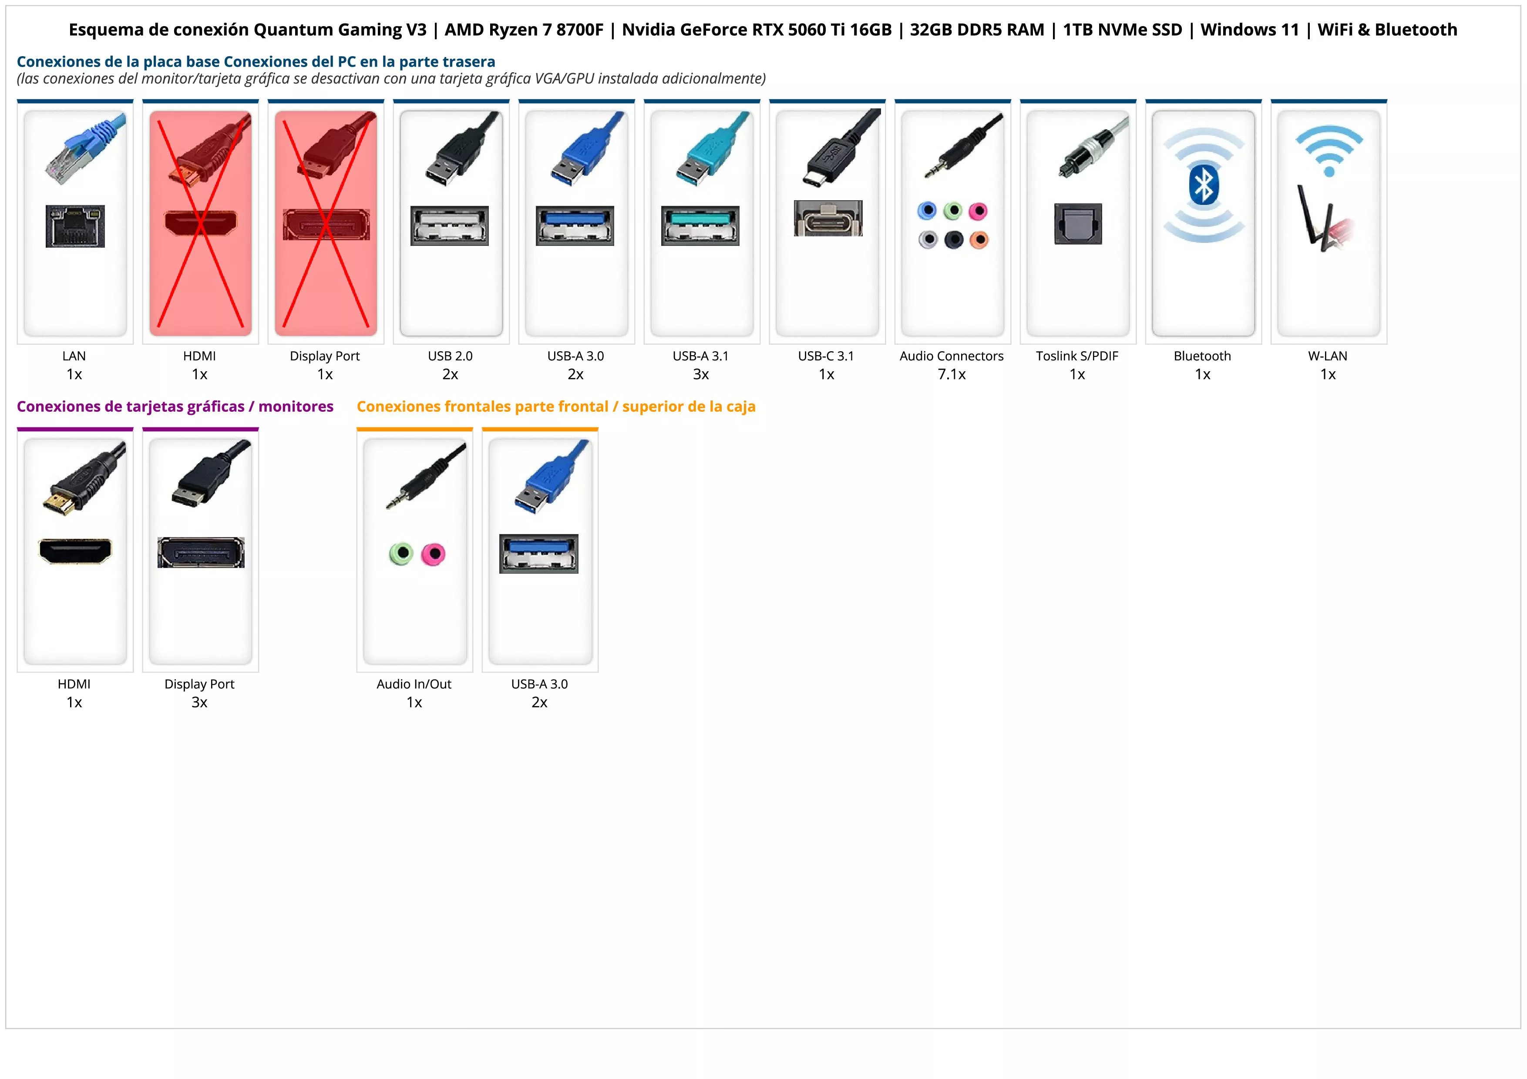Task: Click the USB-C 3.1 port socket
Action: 827,218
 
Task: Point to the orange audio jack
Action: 979,239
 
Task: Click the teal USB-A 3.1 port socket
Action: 700,225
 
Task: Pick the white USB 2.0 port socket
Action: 450,225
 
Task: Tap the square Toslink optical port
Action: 1078,224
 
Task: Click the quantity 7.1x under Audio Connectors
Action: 952,374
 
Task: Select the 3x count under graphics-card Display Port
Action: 199,702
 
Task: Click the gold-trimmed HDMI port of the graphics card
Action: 75,551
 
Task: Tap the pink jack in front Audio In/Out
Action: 434,554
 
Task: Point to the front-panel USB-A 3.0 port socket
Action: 539,553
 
